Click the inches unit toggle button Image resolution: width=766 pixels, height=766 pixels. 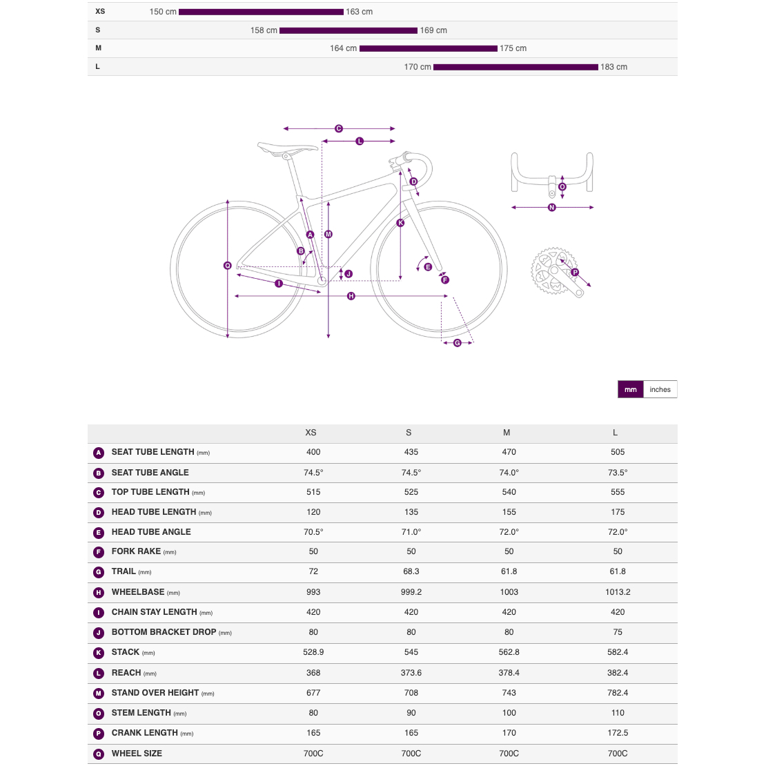click(x=660, y=389)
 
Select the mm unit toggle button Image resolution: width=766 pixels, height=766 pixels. click(x=631, y=389)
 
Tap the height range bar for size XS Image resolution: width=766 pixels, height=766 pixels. click(x=261, y=12)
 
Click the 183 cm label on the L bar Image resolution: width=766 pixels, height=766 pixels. click(x=613, y=67)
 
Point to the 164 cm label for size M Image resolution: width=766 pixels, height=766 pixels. click(x=343, y=48)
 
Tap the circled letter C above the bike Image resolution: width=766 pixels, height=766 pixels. click(x=339, y=128)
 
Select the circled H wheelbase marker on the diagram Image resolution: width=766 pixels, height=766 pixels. click(x=351, y=296)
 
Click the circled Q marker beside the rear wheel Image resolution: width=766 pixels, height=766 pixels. click(x=228, y=266)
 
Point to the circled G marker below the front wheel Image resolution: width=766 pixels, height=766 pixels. click(x=458, y=343)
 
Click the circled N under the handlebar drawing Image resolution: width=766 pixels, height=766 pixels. click(x=551, y=207)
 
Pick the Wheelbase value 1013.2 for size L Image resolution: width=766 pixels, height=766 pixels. click(x=618, y=592)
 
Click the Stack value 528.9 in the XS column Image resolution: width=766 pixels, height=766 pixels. click(x=313, y=652)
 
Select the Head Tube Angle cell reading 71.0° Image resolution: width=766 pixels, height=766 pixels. click(x=411, y=532)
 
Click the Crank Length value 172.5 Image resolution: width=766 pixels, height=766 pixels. click(x=618, y=733)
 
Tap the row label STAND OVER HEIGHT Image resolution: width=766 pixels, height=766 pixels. click(x=155, y=693)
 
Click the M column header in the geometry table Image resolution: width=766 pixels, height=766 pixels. click(x=507, y=433)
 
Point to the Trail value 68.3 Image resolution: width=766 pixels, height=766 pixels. click(x=411, y=571)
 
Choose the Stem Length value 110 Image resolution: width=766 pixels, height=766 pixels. click(x=618, y=713)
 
